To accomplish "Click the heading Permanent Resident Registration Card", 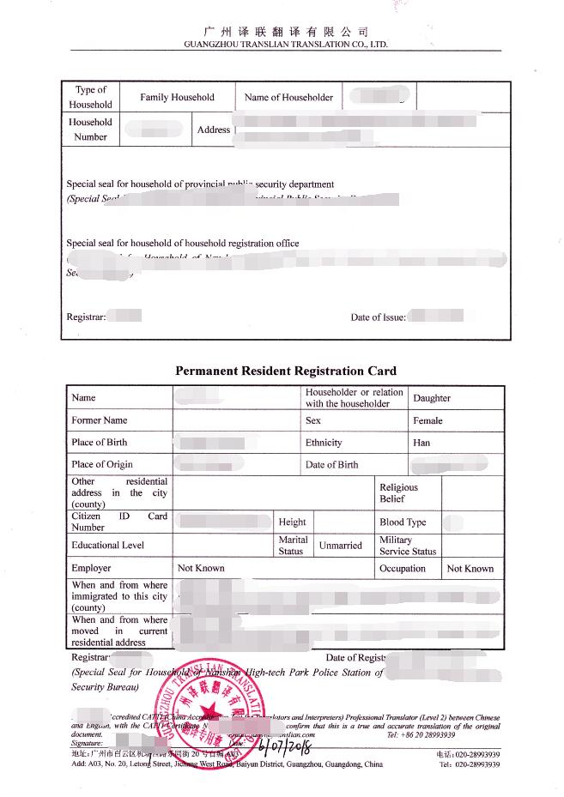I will tap(286, 371).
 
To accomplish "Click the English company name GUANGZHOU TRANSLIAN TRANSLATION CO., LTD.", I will tap(286, 44).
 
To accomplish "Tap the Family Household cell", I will tap(177, 97).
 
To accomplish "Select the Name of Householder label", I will tap(288, 97).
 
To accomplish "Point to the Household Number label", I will tap(90, 130).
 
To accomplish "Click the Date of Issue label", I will tap(378, 317).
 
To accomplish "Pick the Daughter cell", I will tap(432, 398).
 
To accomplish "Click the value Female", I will tap(428, 420).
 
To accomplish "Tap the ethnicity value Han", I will tap(421, 443).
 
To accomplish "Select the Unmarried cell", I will tap(341, 545).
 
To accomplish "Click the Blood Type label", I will tap(403, 522).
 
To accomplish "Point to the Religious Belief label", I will tap(398, 492).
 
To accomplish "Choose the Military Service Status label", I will tap(408, 546).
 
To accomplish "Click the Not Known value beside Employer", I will tap(201, 568).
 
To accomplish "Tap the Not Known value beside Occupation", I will tap(470, 568).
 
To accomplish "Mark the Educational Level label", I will tap(107, 545).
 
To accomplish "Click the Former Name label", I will tap(100, 420).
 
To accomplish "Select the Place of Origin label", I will tap(102, 464).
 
